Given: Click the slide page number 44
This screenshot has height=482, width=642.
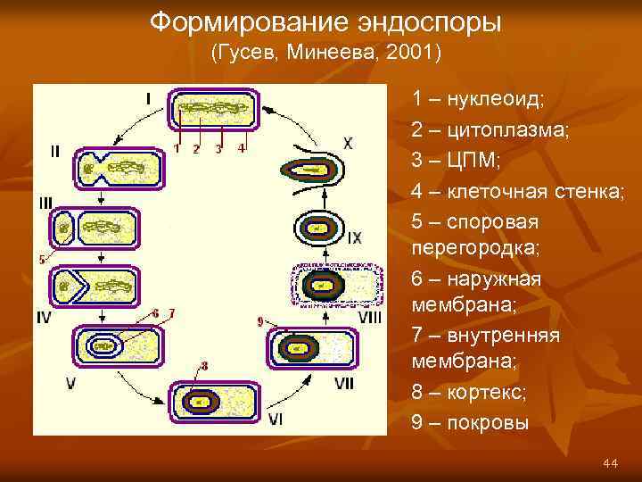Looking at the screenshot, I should pyautogui.click(x=610, y=462).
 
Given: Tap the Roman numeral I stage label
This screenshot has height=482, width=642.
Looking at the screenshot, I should pyautogui.click(x=148, y=98).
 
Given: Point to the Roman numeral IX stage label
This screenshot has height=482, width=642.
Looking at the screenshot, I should pyautogui.click(x=354, y=238).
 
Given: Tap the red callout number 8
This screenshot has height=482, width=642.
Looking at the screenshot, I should pyautogui.click(x=204, y=365).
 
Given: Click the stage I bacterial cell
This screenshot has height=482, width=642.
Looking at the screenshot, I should pyautogui.click(x=215, y=112).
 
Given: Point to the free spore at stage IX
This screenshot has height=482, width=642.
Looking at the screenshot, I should pyautogui.click(x=316, y=230).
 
